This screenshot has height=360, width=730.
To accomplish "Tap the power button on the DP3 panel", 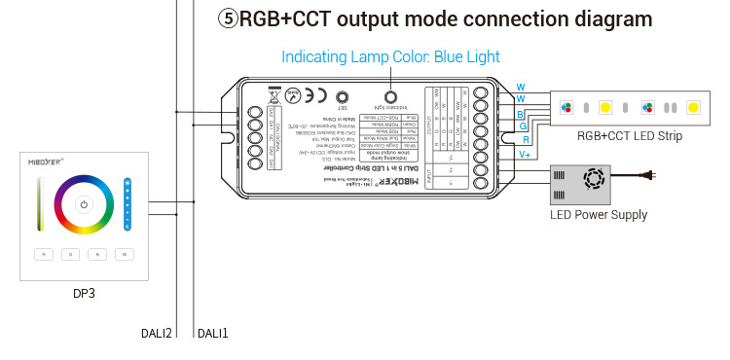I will [84, 204].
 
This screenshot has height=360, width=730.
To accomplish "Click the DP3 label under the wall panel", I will [84, 293].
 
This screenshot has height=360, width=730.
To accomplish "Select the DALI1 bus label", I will [213, 334].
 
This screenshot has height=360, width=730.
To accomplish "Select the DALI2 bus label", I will [158, 334].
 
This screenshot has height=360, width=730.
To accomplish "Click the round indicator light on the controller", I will [391, 97].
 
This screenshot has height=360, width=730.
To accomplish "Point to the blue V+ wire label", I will [524, 154].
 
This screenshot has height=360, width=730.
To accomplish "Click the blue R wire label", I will [526, 140].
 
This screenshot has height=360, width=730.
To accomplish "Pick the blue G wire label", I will [523, 126].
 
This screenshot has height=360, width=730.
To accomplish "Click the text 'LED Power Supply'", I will [599, 215].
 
